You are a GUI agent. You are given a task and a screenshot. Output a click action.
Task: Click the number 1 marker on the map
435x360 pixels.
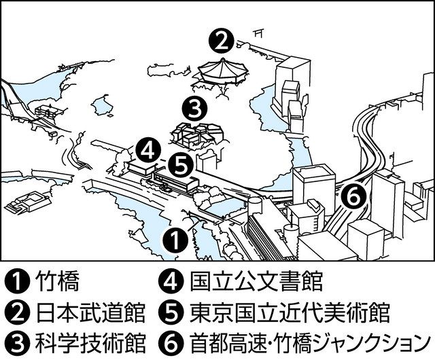tap(175, 239)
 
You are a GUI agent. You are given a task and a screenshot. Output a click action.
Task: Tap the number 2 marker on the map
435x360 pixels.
tap(221, 42)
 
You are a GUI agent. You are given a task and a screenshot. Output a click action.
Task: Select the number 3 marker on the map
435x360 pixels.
tap(194, 109)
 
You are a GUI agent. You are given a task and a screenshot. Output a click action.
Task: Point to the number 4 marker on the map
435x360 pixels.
tap(148, 151)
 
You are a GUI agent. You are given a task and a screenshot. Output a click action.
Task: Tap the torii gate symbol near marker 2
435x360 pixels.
tap(258, 33)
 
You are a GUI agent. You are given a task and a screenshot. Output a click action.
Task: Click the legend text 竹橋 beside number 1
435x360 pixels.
tap(58, 281)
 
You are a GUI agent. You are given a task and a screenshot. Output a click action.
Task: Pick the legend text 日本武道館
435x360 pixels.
tap(90, 312)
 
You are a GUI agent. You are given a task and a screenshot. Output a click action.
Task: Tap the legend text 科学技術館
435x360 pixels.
tap(90, 343)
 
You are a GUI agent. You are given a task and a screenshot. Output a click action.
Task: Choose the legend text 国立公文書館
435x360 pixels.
tap(256, 281)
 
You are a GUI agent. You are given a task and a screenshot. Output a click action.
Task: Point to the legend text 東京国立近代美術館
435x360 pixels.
tap(290, 312)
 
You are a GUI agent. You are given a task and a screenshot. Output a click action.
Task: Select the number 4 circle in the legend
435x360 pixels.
tap(171, 282)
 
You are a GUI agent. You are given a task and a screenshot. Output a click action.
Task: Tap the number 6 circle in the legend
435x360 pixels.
tap(171, 344)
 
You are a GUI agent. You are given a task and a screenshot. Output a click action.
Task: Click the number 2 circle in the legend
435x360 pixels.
tap(17, 313)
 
